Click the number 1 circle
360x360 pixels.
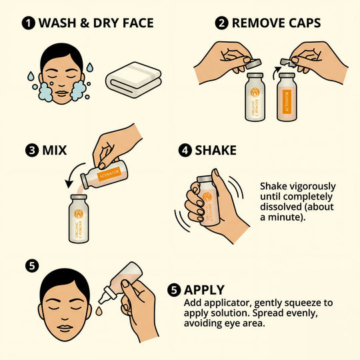(28, 23)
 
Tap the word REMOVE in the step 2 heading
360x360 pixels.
(255, 23)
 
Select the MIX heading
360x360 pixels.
(53, 150)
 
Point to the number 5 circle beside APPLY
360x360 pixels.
(174, 290)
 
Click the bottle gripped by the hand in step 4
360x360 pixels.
(207, 200)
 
